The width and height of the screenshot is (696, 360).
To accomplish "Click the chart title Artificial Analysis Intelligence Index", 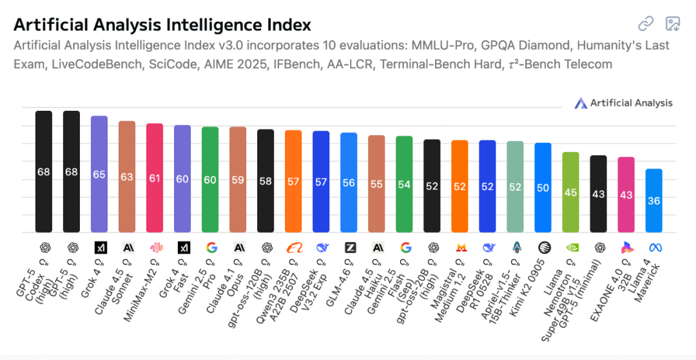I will [162, 24].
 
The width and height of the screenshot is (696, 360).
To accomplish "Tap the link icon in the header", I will [645, 24].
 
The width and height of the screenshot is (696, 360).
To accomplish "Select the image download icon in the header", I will [673, 24].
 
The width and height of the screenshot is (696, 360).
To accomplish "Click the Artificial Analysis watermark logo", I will [623, 103].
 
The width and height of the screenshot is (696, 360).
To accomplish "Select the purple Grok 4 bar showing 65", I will [99, 174].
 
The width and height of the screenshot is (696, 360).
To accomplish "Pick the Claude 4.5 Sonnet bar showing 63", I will [127, 176].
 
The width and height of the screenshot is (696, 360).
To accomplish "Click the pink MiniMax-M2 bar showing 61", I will [155, 178].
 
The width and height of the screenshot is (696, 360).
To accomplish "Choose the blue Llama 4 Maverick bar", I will [653, 200].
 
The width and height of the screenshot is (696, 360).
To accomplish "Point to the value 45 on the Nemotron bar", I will [570, 193].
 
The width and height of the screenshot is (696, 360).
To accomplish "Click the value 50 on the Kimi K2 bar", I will [543, 187].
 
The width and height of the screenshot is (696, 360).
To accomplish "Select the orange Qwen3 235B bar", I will [293, 181].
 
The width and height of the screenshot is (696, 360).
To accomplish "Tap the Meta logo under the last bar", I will [653, 247].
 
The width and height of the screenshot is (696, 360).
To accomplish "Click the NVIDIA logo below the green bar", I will [570, 247].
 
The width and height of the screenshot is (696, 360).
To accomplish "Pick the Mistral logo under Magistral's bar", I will [460, 247].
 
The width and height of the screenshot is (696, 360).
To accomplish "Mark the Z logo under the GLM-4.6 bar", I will [349, 247].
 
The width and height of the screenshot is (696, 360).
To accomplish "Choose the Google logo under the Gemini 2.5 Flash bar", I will [405, 247].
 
